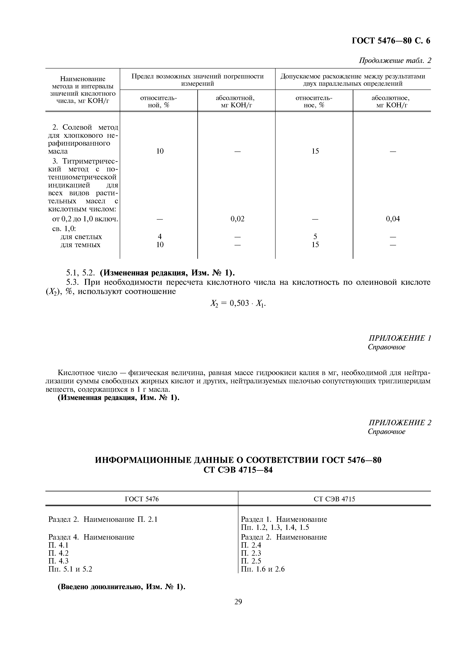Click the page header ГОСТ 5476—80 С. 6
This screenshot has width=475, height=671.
click(x=391, y=41)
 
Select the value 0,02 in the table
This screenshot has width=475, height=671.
click(x=237, y=219)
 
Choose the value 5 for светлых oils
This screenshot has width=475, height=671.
click(x=315, y=236)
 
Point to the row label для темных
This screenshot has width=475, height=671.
click(x=80, y=245)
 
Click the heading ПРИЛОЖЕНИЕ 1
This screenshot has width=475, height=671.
click(x=400, y=338)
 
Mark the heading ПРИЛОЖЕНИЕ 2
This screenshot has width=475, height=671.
click(x=400, y=423)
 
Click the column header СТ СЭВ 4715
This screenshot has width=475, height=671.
click(x=334, y=499)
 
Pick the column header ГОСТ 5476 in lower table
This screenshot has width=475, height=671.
click(x=142, y=499)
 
